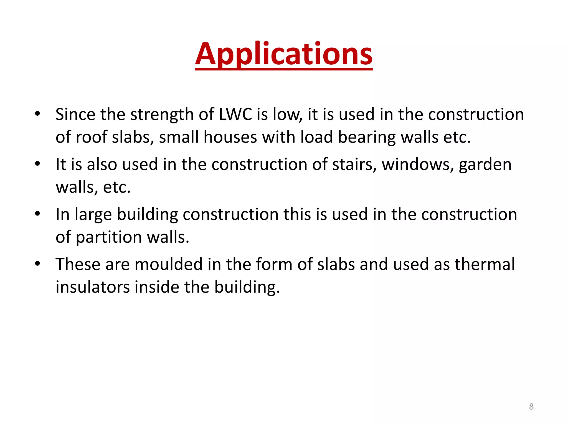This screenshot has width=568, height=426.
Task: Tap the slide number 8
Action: coord(531,407)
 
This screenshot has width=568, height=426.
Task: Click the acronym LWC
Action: coord(235,114)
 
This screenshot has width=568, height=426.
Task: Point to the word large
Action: coord(93,215)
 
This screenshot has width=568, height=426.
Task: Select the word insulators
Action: coord(93,287)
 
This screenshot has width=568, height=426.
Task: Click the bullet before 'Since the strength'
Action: coord(38,114)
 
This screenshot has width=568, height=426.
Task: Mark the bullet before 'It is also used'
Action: coord(38,164)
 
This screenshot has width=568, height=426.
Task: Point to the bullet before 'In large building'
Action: coord(38,214)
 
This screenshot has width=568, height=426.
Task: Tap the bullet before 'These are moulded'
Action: coord(38,263)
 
